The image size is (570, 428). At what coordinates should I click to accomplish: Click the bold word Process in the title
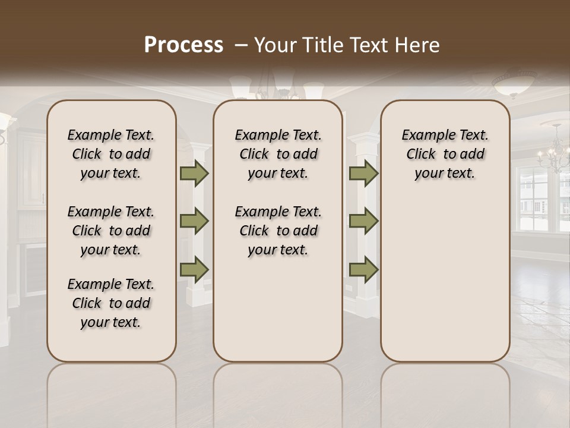pyautogui.click(x=183, y=45)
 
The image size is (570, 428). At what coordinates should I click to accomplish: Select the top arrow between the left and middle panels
pyautogui.click(x=194, y=173)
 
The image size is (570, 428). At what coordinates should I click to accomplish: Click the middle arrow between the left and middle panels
pyautogui.click(x=194, y=221)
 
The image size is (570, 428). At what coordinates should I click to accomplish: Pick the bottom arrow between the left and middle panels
pyautogui.click(x=194, y=269)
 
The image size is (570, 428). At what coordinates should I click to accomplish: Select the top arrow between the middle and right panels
pyautogui.click(x=363, y=173)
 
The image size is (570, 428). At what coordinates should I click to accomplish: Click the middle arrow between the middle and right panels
pyautogui.click(x=363, y=221)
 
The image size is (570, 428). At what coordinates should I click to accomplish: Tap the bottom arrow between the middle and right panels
pyautogui.click(x=363, y=269)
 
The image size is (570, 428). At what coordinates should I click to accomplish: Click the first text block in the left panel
pyautogui.click(x=111, y=154)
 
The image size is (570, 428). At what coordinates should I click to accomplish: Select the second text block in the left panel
pyautogui.click(x=111, y=231)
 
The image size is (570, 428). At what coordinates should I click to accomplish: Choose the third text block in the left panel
pyautogui.click(x=111, y=303)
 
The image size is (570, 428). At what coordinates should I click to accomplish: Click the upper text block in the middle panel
pyautogui.click(x=278, y=154)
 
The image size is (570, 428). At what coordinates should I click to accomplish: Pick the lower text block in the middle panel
pyautogui.click(x=278, y=231)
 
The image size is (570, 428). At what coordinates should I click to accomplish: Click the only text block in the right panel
pyautogui.click(x=445, y=154)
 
